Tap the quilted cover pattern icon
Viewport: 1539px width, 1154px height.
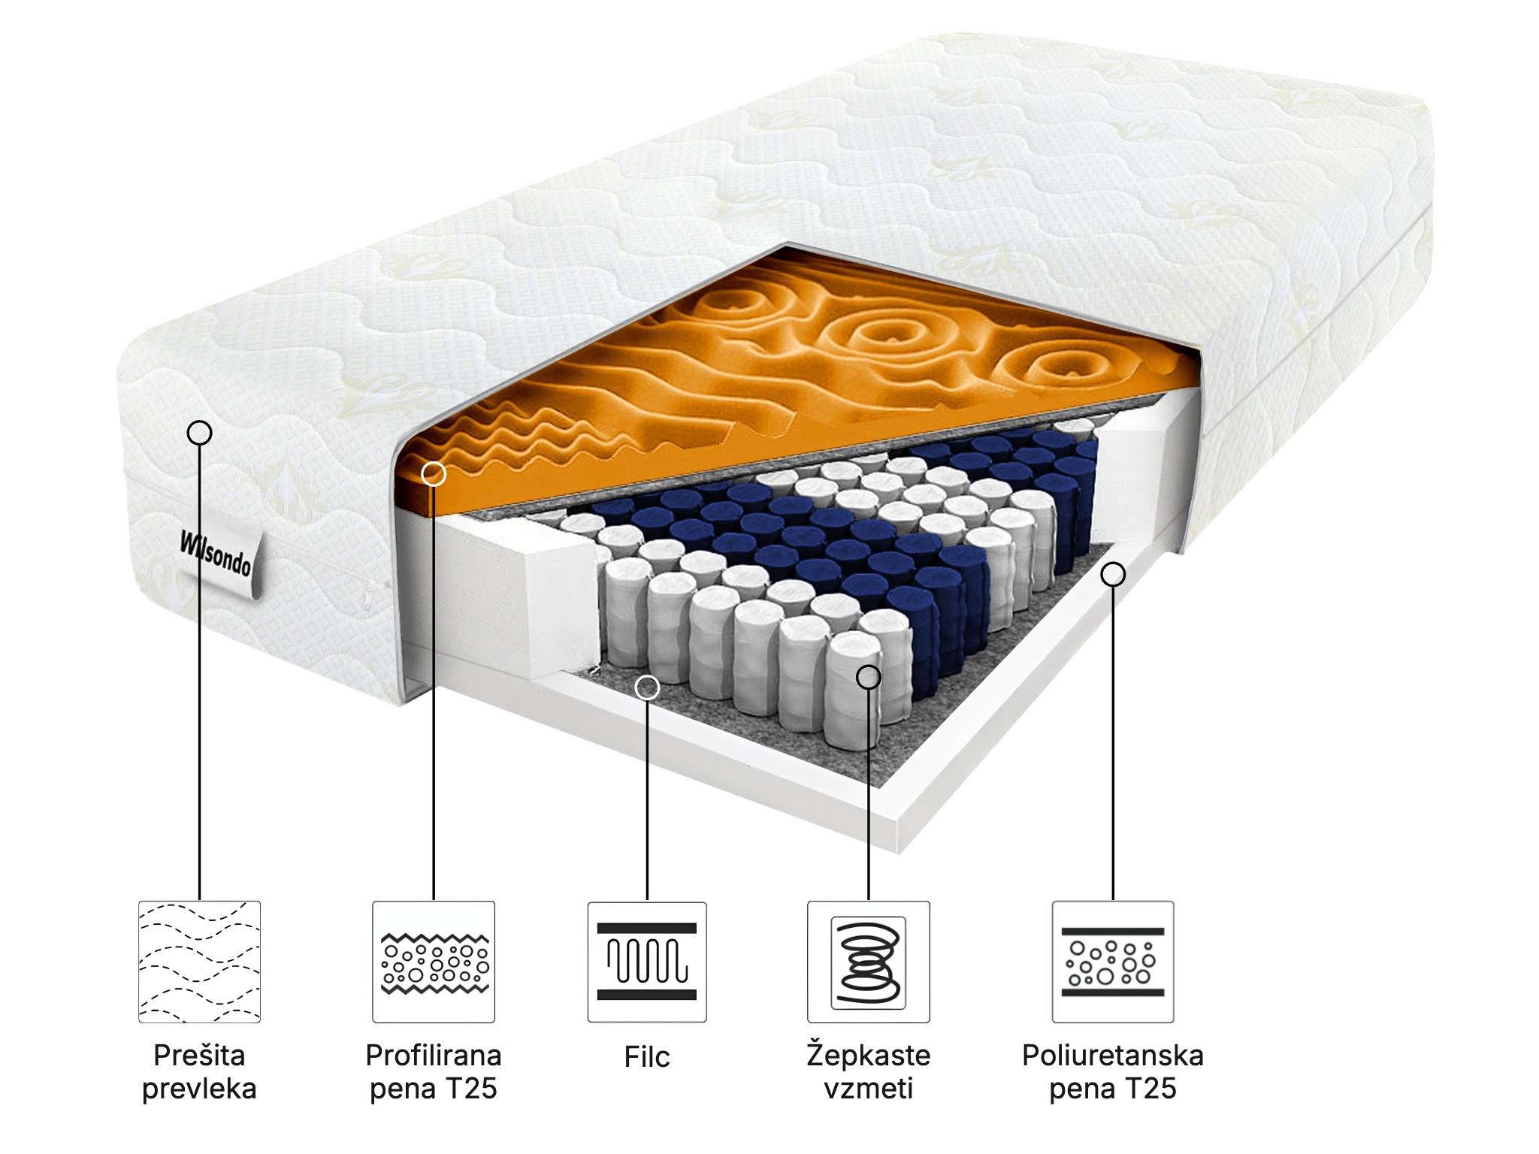(199, 962)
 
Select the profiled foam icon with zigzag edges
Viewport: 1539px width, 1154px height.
(434, 962)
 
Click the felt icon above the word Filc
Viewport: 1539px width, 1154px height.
(647, 962)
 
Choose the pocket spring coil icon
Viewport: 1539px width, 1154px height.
(868, 962)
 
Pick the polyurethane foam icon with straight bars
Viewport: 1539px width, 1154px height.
(1113, 962)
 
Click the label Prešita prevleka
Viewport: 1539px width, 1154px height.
(199, 1072)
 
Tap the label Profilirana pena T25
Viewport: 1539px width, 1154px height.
(434, 1072)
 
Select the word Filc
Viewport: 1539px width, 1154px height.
(647, 1057)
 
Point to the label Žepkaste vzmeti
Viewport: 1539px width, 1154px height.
(869, 1072)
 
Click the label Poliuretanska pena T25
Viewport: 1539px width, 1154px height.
(1113, 1072)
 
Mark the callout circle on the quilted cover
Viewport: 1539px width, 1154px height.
(199, 433)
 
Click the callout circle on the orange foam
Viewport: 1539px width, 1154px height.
(434, 474)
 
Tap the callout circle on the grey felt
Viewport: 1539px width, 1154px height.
(647, 687)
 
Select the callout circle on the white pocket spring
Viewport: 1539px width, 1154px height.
(869, 677)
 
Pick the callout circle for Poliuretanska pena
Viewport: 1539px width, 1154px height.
(1113, 575)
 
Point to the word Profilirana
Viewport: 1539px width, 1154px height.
(434, 1056)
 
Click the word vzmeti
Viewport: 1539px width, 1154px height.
(869, 1089)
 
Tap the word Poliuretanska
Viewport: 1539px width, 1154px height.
(1113, 1056)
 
